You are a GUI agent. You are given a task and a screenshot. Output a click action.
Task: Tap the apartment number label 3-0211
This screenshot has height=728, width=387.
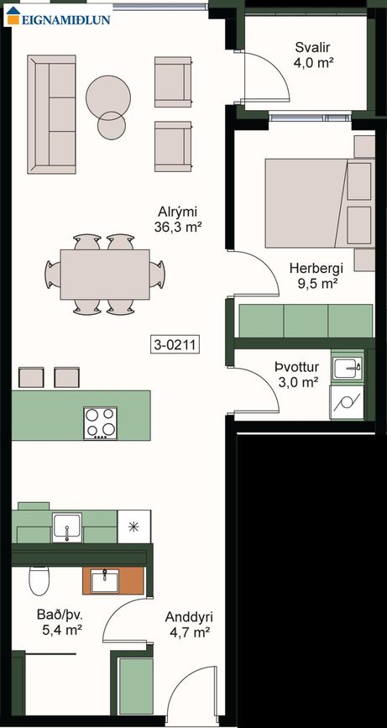click(x=175, y=344)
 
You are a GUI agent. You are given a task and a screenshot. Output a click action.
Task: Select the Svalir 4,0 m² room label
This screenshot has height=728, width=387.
click(x=315, y=55)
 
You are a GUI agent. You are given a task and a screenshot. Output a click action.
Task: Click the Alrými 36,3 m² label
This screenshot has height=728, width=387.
click(x=178, y=219)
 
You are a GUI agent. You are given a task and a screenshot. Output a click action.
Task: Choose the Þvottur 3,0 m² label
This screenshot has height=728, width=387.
click(x=296, y=374)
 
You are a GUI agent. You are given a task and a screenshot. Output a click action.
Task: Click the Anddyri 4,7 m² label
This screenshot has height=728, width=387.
click(x=188, y=624)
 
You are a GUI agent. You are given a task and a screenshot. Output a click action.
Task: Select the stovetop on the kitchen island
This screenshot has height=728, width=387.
click(x=100, y=423)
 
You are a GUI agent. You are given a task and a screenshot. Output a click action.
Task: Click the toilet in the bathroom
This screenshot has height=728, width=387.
click(x=39, y=580)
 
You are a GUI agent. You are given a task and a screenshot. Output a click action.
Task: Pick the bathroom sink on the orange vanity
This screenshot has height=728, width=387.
click(x=104, y=581)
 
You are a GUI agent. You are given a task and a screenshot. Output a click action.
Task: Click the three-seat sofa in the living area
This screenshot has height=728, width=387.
click(x=51, y=114)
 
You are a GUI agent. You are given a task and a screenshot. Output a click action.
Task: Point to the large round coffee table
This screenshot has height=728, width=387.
click(x=108, y=97)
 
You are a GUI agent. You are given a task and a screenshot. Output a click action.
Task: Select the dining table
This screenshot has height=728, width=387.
click(x=105, y=275)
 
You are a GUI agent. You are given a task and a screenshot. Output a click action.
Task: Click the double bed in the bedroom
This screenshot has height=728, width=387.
click(x=320, y=203)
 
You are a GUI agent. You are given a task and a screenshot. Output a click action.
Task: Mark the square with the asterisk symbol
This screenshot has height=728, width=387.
click(x=134, y=526)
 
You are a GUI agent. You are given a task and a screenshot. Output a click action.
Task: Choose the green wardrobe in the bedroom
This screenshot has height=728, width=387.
click(x=306, y=321)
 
